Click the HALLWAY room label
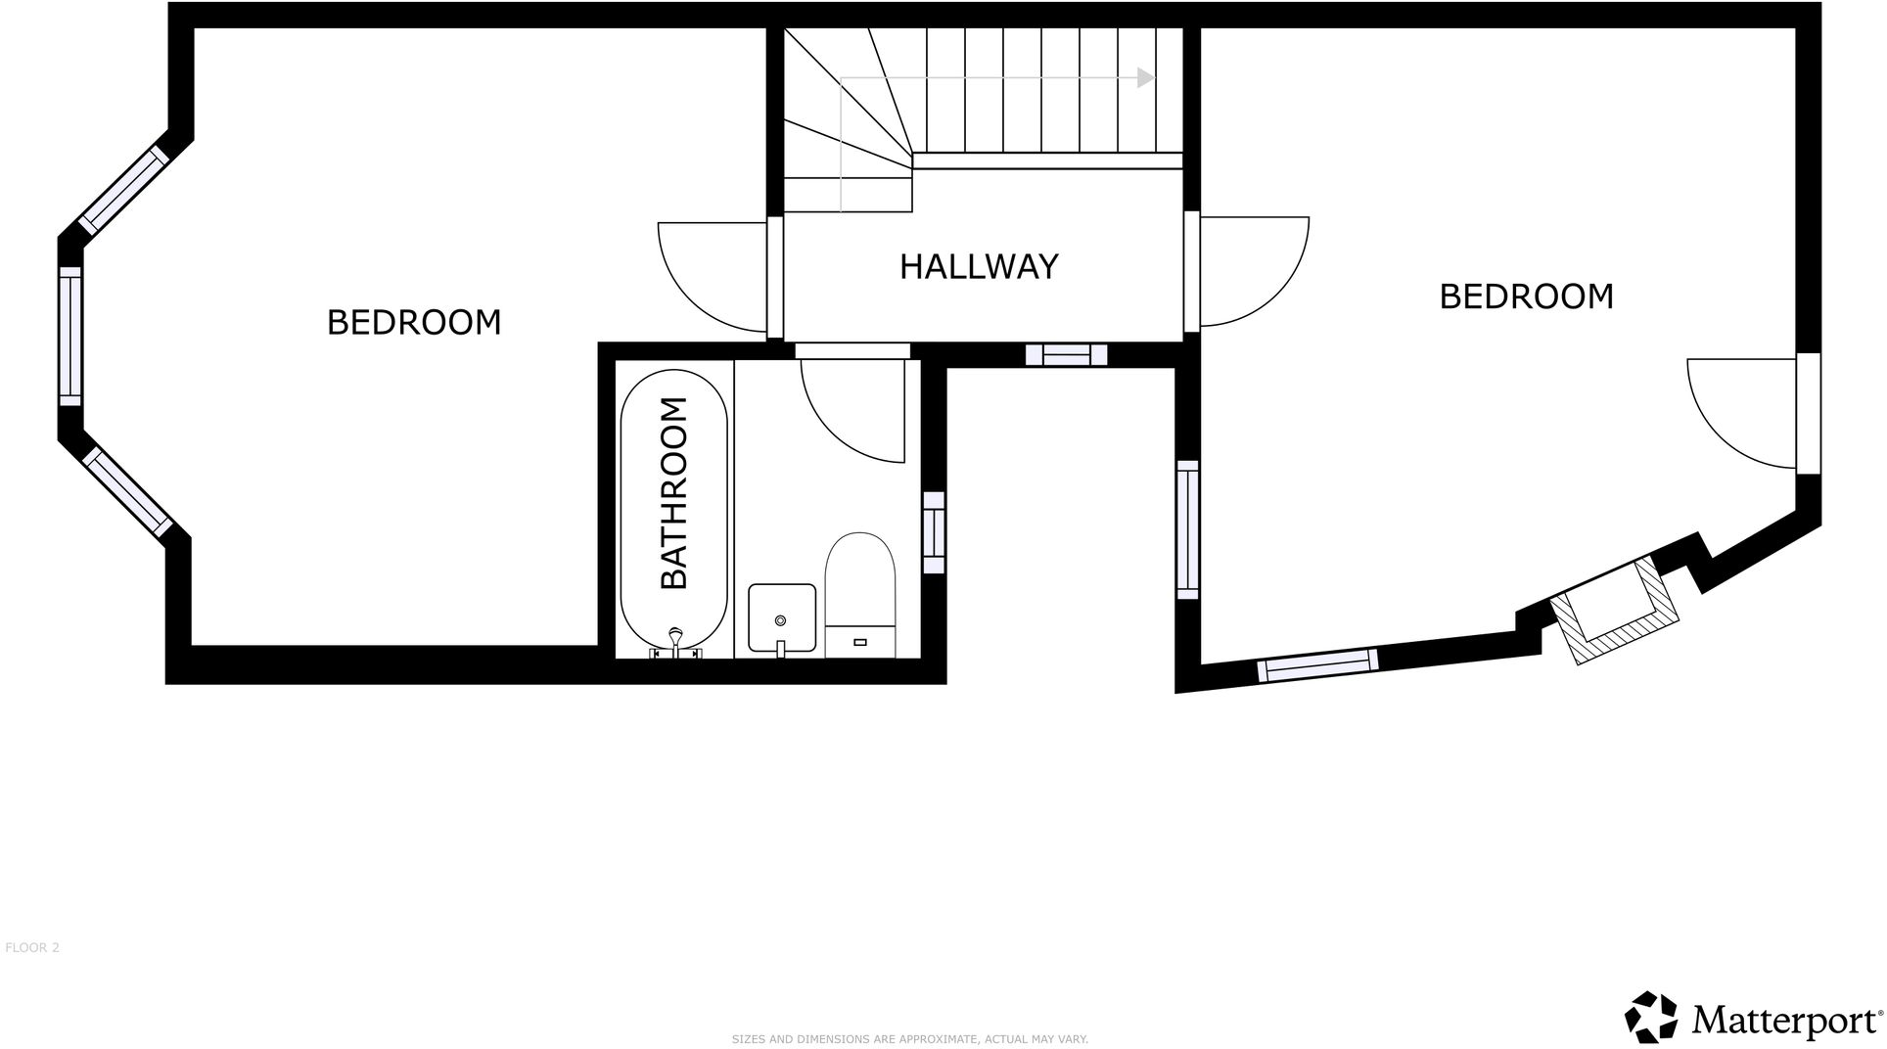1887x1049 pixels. [979, 267]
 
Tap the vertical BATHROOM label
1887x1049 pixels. [674, 492]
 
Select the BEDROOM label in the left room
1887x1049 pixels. [413, 322]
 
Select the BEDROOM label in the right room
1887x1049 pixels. [1525, 296]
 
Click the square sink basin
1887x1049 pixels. [781, 617]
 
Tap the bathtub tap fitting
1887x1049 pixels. [675, 642]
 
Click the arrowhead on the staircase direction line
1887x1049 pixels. [1146, 78]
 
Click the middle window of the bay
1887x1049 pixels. [70, 336]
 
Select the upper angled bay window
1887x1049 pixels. [118, 191]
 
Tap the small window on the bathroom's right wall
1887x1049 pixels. [934, 532]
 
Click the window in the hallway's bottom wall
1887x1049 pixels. [1066, 354]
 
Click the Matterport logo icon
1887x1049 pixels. [1652, 1017]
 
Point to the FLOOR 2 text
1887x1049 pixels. [32, 947]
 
